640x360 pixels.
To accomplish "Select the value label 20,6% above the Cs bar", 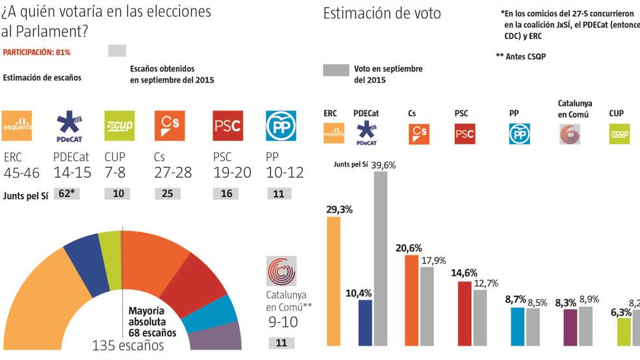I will [409, 248].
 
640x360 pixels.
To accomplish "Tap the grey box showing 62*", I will [66, 194].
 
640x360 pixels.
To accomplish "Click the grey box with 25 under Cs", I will [166, 194].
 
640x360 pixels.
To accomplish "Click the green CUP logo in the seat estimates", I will [120, 125].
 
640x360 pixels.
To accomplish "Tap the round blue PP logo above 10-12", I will [281, 125].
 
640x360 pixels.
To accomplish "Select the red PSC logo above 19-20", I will [227, 125].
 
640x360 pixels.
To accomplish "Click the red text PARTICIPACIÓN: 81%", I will [36, 51].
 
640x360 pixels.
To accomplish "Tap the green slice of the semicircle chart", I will [110, 260].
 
